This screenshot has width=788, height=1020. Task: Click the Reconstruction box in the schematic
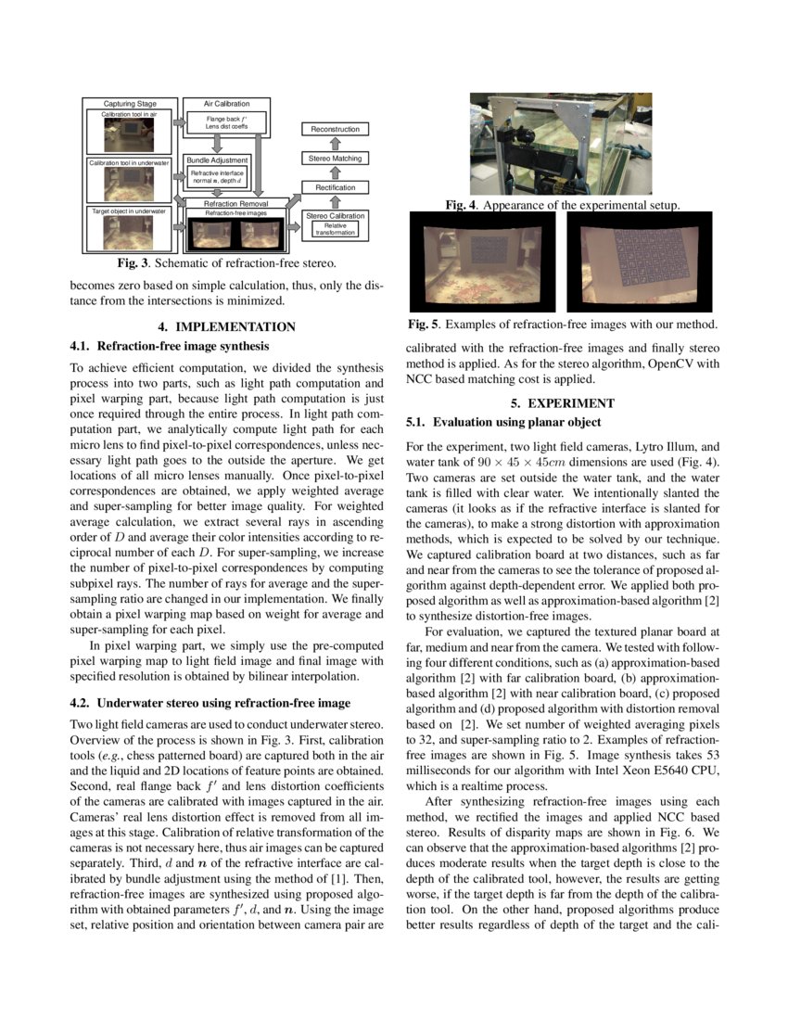click(335, 129)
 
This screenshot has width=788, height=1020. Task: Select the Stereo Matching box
click(335, 159)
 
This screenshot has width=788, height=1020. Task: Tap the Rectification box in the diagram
click(335, 188)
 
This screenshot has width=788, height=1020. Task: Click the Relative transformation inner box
click(335, 229)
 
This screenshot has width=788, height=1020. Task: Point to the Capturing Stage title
click(130, 105)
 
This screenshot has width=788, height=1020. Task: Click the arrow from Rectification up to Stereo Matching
click(335, 173)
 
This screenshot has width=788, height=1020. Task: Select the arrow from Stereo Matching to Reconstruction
click(335, 144)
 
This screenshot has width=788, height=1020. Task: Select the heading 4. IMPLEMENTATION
click(226, 326)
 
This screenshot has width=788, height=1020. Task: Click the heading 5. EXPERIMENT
click(563, 403)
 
